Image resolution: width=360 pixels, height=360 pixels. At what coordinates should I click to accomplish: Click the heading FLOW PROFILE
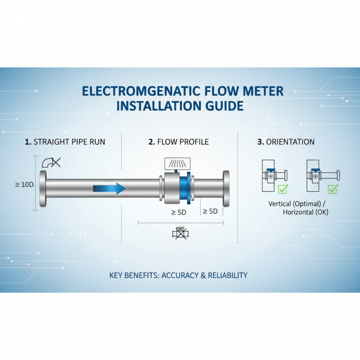[183, 142]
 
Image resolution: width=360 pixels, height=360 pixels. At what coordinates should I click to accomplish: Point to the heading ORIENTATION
[290, 142]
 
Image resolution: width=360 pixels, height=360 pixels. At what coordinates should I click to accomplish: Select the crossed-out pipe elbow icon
[51, 162]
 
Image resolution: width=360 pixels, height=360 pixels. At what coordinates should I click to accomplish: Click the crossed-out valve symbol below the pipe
[180, 233]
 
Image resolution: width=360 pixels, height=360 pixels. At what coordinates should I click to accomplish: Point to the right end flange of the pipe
[226, 189]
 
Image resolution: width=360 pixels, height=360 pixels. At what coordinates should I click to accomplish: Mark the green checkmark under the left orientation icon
[283, 189]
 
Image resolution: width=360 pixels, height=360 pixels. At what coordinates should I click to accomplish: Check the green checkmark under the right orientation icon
[333, 189]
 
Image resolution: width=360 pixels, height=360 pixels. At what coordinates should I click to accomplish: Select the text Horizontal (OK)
[306, 212]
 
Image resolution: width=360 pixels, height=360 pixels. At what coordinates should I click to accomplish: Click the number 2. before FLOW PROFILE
[151, 142]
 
